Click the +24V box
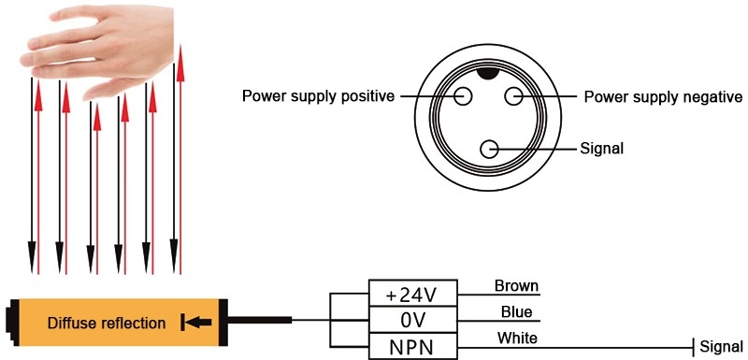pos(413,295)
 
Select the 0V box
pos(413,321)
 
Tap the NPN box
pos(413,347)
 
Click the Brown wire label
pos(516,286)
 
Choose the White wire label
pos(517,338)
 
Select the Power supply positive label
pos(318,96)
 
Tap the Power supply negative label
pos(663,97)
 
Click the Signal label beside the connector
pos(601,149)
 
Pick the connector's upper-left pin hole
pos(464,95)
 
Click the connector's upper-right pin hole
pos(513,95)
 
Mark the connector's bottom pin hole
pos(488,149)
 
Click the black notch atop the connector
pos(488,73)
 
